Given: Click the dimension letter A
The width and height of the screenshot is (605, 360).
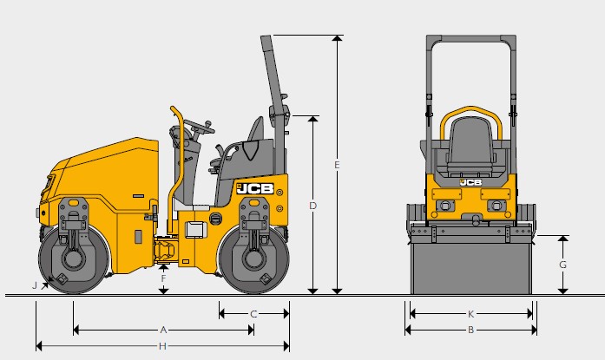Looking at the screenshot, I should coord(163,330).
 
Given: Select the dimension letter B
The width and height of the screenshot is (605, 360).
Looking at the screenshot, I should coord(470,330).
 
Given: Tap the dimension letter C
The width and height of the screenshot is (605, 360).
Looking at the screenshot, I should coord(253,313).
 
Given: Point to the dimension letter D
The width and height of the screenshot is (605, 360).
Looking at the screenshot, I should coord(313,206).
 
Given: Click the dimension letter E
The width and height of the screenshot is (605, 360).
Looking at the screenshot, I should coord(337,163).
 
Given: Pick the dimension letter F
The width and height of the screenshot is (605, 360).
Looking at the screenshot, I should coord(163,278).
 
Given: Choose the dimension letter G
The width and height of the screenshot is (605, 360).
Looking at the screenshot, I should coord(563,265).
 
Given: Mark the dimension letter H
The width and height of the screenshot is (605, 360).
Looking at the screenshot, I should coord(163,346).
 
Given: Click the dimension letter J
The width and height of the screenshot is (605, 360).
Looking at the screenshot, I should coord(36,284).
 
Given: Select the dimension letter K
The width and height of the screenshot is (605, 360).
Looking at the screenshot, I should coord(470,313).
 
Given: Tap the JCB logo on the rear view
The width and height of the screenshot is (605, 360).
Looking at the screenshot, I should coord(470,182).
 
